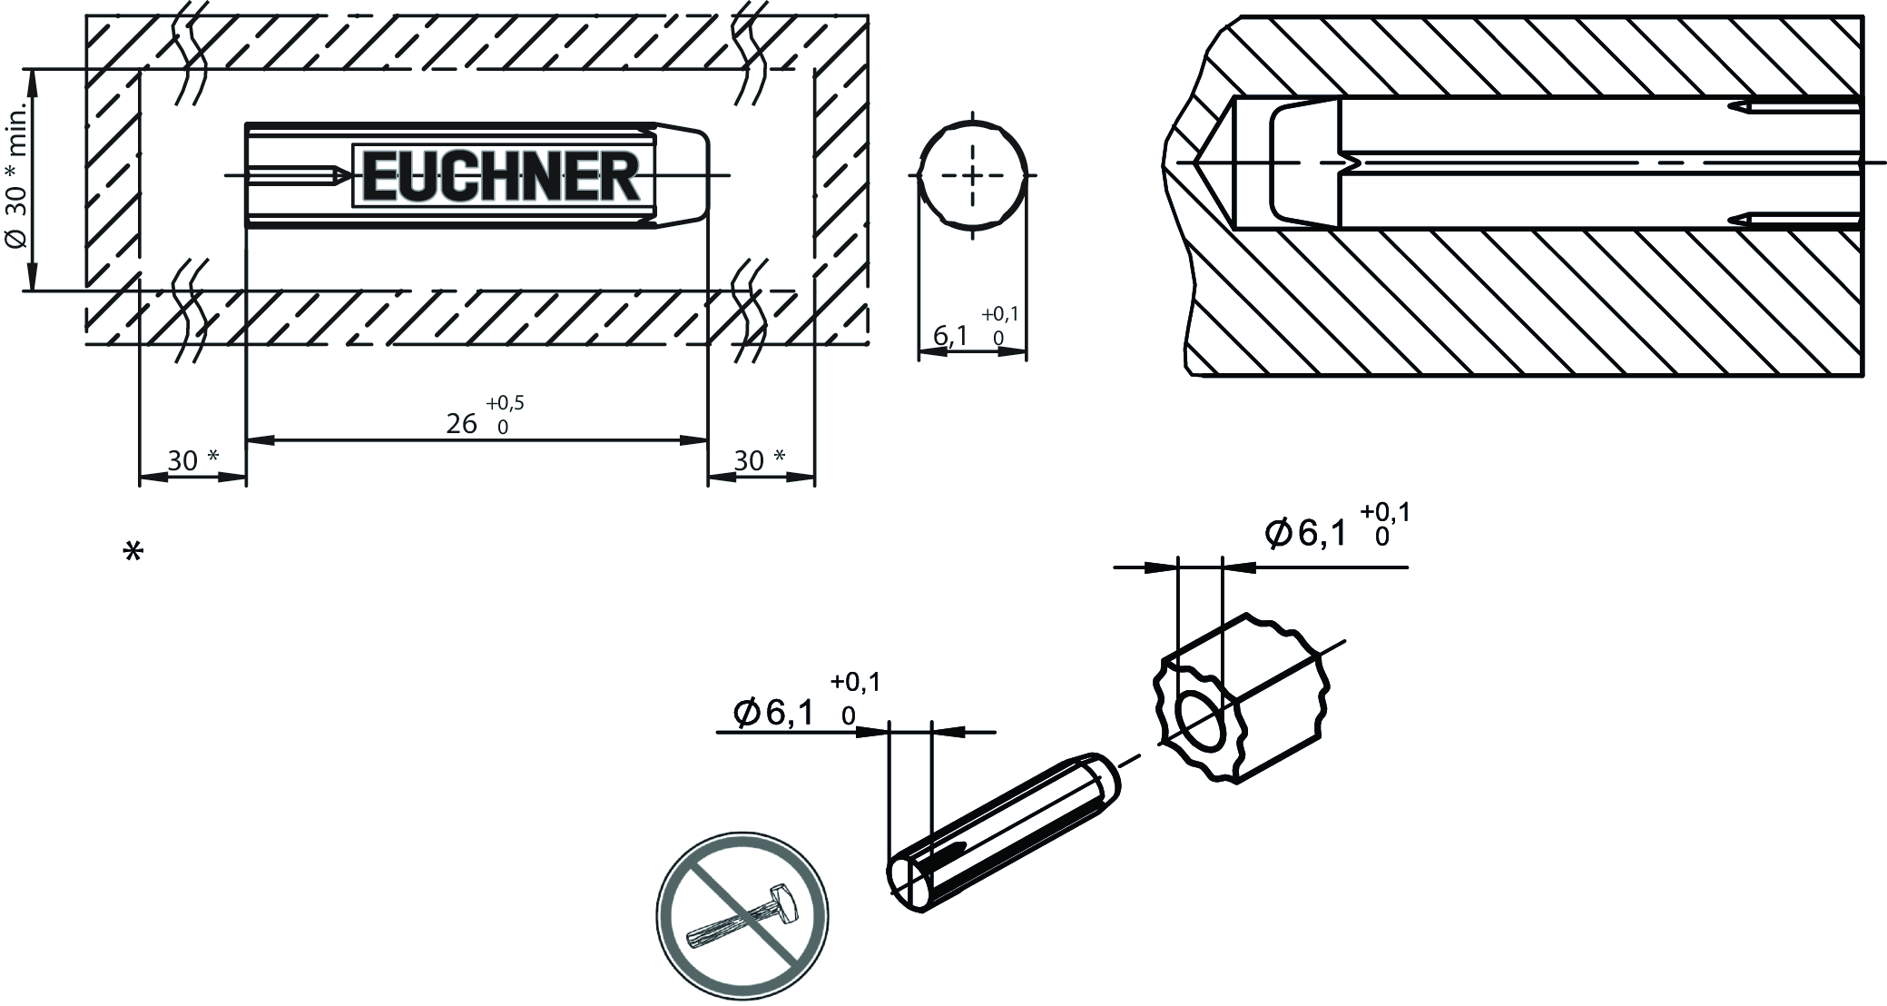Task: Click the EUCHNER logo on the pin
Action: click(x=503, y=175)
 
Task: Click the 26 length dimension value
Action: click(x=462, y=424)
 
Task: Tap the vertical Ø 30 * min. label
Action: click(x=17, y=181)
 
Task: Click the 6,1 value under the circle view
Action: click(x=951, y=337)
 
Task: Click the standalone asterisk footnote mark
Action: click(x=133, y=552)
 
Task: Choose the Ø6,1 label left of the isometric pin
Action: click(x=774, y=714)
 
